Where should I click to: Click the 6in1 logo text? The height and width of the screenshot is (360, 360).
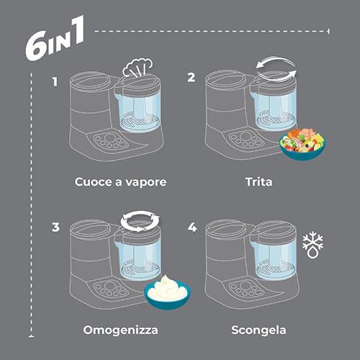55,38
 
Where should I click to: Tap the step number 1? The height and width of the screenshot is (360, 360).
55,82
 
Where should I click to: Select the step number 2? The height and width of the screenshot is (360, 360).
191,77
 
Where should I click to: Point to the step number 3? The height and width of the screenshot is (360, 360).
55,227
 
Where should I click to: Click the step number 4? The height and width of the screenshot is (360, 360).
192,228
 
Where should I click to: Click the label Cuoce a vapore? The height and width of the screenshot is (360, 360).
120,182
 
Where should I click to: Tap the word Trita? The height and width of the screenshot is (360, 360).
258,182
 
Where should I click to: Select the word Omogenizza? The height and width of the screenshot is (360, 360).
120,330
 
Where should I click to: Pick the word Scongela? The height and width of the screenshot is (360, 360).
258,330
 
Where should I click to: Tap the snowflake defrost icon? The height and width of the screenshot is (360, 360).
312,245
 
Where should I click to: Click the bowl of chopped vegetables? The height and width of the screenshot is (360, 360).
302,144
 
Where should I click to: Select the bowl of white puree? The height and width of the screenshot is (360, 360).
167,292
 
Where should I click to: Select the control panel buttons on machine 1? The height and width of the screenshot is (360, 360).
110,142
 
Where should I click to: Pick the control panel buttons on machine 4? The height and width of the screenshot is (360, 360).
246,289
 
